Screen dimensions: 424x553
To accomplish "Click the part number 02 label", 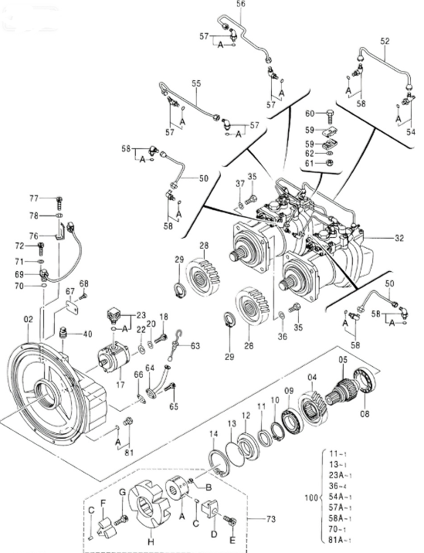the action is [29, 320].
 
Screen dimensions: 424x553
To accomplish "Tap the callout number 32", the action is [399, 238].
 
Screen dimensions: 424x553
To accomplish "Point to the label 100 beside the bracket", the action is [311, 497].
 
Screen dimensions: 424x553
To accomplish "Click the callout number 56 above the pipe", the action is [240, 4].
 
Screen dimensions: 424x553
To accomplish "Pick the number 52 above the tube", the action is [385, 41].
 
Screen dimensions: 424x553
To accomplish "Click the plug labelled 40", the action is [64, 333].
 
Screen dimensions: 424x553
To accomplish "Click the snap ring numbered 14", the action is [219, 463].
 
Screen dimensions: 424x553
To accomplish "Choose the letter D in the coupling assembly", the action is [214, 534].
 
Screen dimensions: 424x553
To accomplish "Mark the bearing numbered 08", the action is [366, 382].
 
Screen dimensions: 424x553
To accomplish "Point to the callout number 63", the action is [195, 346].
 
